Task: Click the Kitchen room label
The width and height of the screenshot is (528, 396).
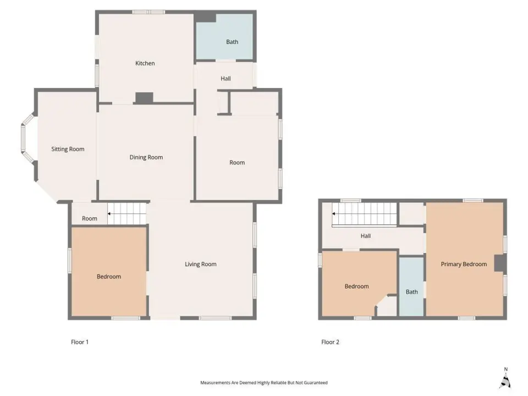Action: point(145,63)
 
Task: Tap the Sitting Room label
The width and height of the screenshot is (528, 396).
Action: point(68,149)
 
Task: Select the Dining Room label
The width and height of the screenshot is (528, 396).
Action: point(146,157)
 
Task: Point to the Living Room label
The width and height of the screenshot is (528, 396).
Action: point(200,265)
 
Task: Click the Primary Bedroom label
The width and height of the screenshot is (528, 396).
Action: point(464,265)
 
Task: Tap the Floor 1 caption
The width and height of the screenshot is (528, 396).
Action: point(79,342)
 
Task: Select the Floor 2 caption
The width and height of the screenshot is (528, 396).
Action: point(330,342)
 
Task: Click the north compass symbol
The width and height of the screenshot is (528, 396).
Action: point(505,379)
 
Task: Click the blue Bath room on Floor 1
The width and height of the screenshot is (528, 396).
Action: point(224,37)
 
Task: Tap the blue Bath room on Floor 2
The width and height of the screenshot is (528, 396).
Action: point(411,287)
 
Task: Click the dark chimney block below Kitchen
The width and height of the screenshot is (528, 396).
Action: point(144,98)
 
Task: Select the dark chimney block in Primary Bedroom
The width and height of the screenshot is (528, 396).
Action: point(499,263)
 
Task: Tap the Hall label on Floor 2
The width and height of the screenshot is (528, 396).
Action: point(365,236)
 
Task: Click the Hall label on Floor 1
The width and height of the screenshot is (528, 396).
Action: point(226,79)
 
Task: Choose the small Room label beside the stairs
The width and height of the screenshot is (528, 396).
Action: point(89,218)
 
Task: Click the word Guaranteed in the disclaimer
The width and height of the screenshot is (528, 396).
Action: point(315,383)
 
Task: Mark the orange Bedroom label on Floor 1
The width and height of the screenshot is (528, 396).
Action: point(109,277)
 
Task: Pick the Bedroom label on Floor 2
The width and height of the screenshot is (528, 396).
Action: point(356,287)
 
